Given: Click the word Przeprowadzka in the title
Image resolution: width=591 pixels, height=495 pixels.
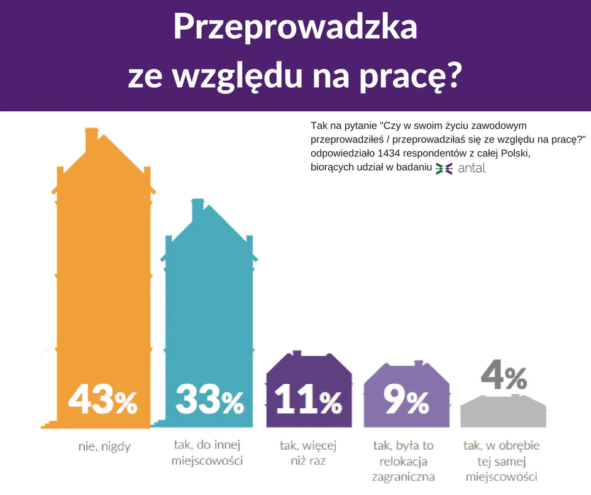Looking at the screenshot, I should [x=295, y=28].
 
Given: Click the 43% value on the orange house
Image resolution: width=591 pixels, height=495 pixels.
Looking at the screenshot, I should [x=102, y=400].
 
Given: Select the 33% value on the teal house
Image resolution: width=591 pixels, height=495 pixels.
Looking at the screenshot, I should [x=209, y=400].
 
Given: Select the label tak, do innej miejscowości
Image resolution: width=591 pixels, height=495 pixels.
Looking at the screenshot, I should [x=208, y=453].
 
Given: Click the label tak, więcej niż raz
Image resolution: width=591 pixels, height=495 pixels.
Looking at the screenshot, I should [x=307, y=453].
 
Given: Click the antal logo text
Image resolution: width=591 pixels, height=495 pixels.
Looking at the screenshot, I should [x=472, y=168].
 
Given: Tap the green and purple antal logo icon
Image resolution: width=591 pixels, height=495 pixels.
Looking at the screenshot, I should [x=444, y=168].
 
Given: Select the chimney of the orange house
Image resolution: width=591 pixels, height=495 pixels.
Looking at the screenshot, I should [x=91, y=135].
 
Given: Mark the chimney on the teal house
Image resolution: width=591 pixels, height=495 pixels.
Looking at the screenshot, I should [x=197, y=207].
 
